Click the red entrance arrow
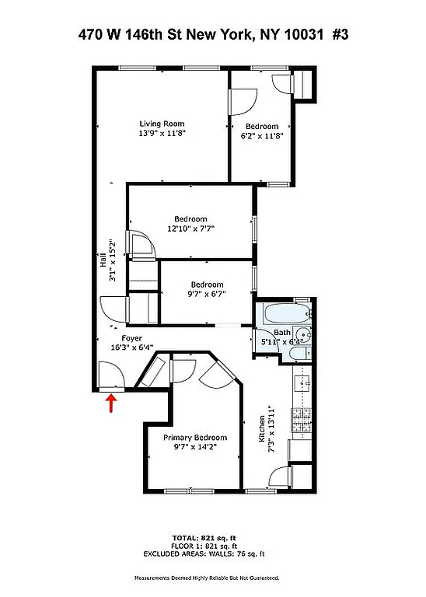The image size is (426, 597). click(x=111, y=402)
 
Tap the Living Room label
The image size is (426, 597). click(x=162, y=124)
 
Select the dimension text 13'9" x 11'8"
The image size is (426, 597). click(x=162, y=134)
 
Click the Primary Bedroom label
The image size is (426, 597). click(x=195, y=438)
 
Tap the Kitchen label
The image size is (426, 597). click(x=261, y=429)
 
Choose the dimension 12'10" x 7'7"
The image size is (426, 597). click(x=190, y=229)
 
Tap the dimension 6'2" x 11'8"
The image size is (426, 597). click(x=262, y=136)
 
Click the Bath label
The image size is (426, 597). click(x=281, y=333)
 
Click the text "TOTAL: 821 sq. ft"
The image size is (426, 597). click(x=212, y=538)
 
